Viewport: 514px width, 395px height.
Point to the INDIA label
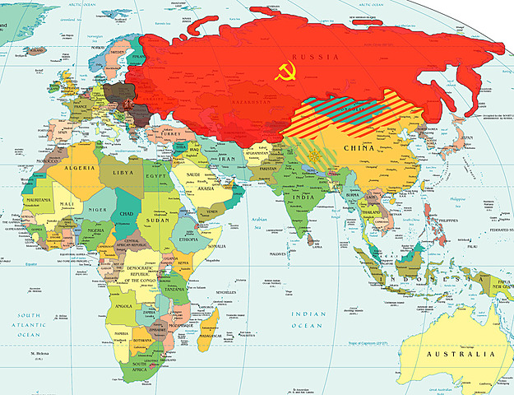tap(301, 198)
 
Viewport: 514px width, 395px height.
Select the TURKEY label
tap(180, 133)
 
